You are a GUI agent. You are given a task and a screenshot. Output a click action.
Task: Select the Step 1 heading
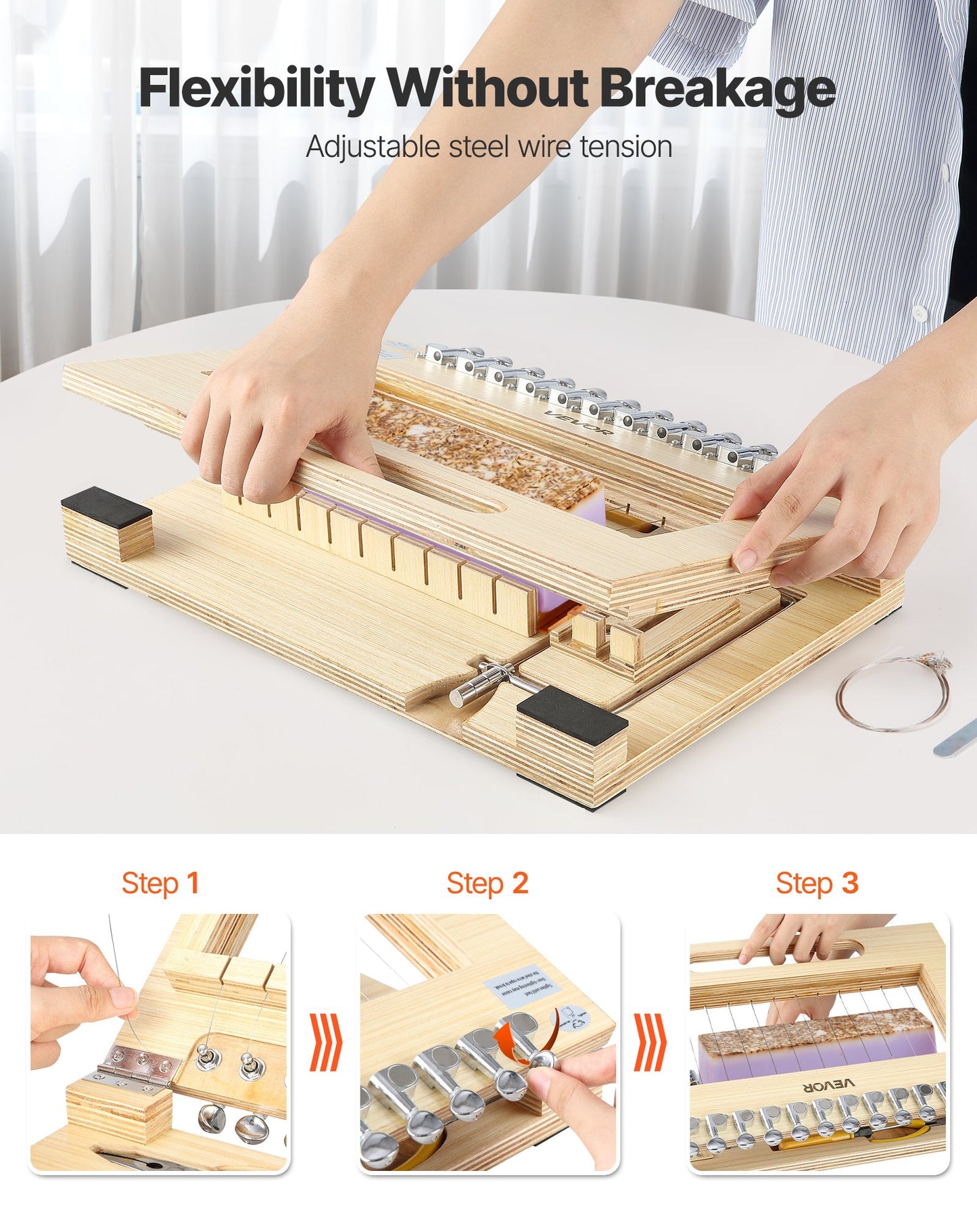(160, 883)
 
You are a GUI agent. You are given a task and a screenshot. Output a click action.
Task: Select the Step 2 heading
(487, 883)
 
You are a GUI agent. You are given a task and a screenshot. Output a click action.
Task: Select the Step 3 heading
(817, 883)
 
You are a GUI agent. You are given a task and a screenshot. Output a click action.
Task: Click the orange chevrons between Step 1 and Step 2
(326, 1042)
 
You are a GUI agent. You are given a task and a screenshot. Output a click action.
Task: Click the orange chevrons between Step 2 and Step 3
(650, 1042)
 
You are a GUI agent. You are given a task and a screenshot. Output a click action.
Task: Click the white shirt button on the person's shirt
(919, 312)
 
